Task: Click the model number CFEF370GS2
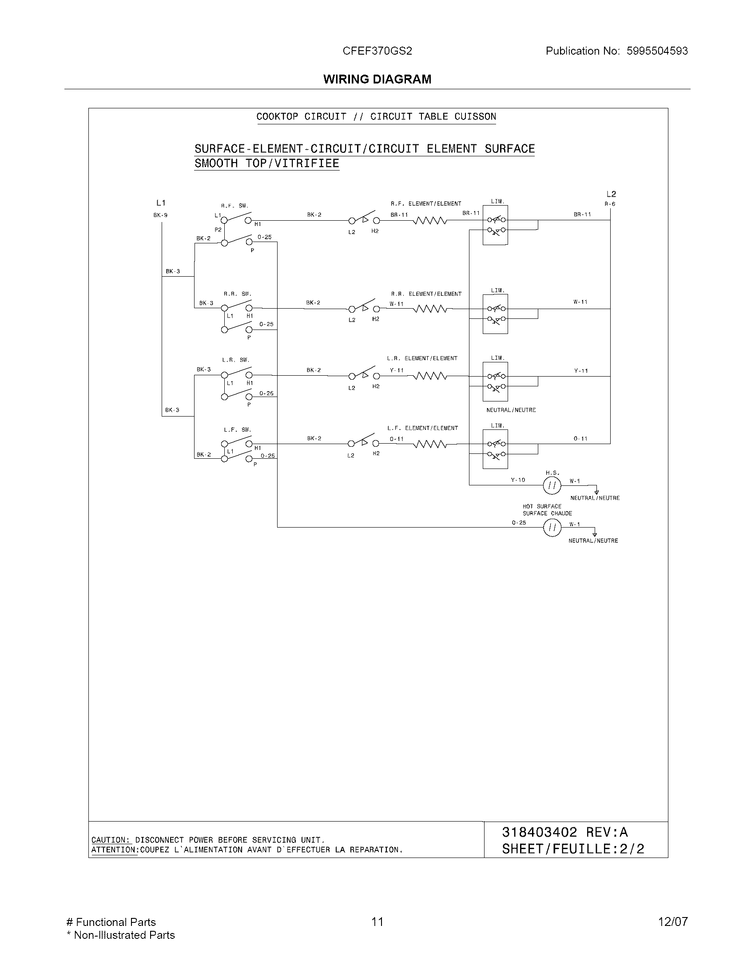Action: [377, 51]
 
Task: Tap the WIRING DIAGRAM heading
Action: [377, 79]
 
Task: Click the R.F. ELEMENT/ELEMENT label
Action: [425, 203]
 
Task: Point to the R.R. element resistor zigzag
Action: [430, 309]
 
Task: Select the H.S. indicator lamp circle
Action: [552, 485]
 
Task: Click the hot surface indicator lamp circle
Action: [552, 528]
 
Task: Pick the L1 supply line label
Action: [161, 203]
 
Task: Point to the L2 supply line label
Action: [611, 194]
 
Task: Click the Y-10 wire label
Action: [518, 480]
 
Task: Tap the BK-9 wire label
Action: [160, 215]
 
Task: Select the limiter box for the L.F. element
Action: [495, 449]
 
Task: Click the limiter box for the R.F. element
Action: [495, 225]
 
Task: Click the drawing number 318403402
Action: [540, 832]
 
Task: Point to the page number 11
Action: [377, 921]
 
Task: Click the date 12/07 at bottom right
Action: [672, 921]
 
